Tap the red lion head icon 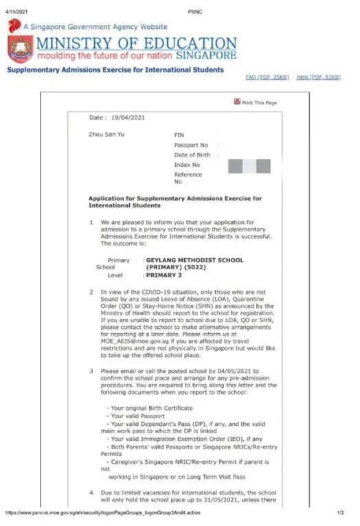[x=14, y=26]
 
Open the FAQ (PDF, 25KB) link [x=267, y=77]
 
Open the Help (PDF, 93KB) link [x=318, y=77]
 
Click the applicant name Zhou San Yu [x=106, y=135]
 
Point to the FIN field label [x=179, y=136]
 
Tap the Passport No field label [x=191, y=146]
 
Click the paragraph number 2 [x=91, y=293]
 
